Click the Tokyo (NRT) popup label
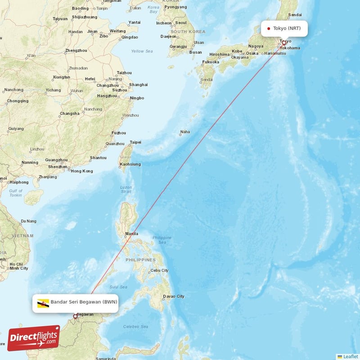[284, 28]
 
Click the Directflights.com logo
[34, 338]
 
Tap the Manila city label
[132, 234]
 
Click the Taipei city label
[135, 142]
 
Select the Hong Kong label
[82, 171]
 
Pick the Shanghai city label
[138, 85]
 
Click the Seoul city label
[181, 22]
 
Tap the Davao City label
[174, 296]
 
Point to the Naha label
[185, 132]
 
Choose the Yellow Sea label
[142, 51]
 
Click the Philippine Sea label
[162, 240]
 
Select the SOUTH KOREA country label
[188, 31]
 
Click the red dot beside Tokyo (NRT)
[269, 28]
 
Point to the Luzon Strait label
[126, 189]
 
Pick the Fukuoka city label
[211, 62]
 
